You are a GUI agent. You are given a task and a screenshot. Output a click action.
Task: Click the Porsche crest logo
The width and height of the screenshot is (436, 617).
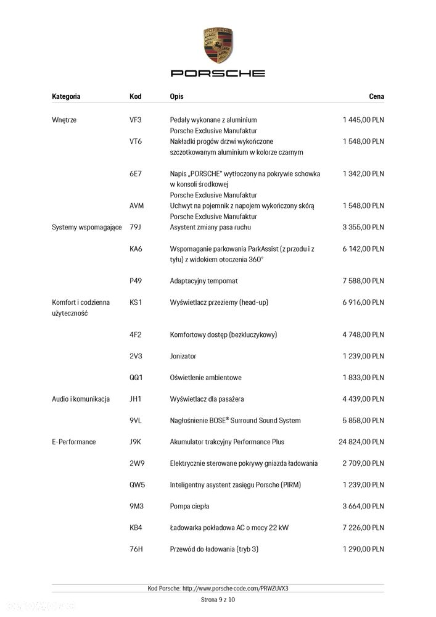(x=218, y=44)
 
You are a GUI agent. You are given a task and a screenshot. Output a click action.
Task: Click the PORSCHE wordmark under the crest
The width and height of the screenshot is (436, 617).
(x=218, y=73)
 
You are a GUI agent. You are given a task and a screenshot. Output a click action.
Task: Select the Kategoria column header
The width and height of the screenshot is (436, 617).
(x=66, y=96)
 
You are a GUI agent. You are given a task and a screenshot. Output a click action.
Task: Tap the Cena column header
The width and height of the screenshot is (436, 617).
(x=376, y=96)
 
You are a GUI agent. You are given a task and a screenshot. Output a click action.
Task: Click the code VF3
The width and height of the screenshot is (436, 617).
(x=136, y=120)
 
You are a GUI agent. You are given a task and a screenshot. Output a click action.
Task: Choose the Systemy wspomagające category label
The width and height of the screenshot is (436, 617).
(x=87, y=227)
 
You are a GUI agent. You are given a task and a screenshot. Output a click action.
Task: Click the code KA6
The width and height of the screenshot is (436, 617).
(x=136, y=249)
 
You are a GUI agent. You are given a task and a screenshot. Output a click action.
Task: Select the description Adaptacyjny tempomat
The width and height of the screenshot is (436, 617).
(x=204, y=281)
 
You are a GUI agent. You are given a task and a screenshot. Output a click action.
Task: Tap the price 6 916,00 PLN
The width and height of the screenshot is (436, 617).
(x=363, y=302)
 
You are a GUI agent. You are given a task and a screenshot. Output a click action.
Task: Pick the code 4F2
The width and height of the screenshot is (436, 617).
(x=136, y=334)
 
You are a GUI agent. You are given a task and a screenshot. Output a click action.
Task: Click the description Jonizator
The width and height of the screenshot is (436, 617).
(x=184, y=356)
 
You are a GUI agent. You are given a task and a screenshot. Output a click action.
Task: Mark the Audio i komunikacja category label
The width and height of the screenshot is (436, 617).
(x=81, y=399)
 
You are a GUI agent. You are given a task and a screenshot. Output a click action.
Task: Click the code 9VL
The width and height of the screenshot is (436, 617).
(x=136, y=420)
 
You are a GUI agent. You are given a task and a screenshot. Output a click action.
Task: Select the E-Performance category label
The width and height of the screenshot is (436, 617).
(x=74, y=442)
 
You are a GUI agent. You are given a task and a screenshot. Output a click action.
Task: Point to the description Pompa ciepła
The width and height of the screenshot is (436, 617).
(x=189, y=506)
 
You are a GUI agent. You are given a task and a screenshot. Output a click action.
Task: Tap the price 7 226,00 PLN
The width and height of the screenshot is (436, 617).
(x=363, y=528)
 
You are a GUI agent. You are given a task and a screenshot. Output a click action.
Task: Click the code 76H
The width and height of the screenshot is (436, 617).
(x=136, y=549)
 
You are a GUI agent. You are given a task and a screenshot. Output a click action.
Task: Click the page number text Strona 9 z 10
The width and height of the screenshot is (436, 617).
(x=218, y=599)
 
